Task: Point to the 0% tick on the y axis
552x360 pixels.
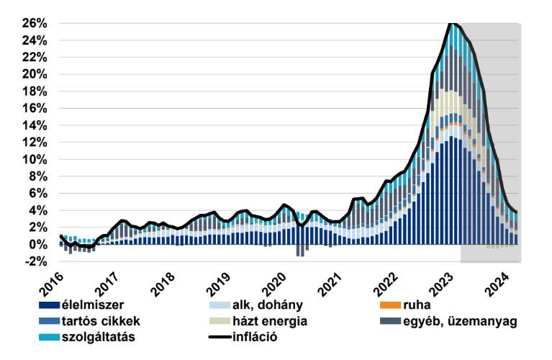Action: pyautogui.click(x=37, y=245)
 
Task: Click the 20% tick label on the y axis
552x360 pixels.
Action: pyautogui.click(x=35, y=74)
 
